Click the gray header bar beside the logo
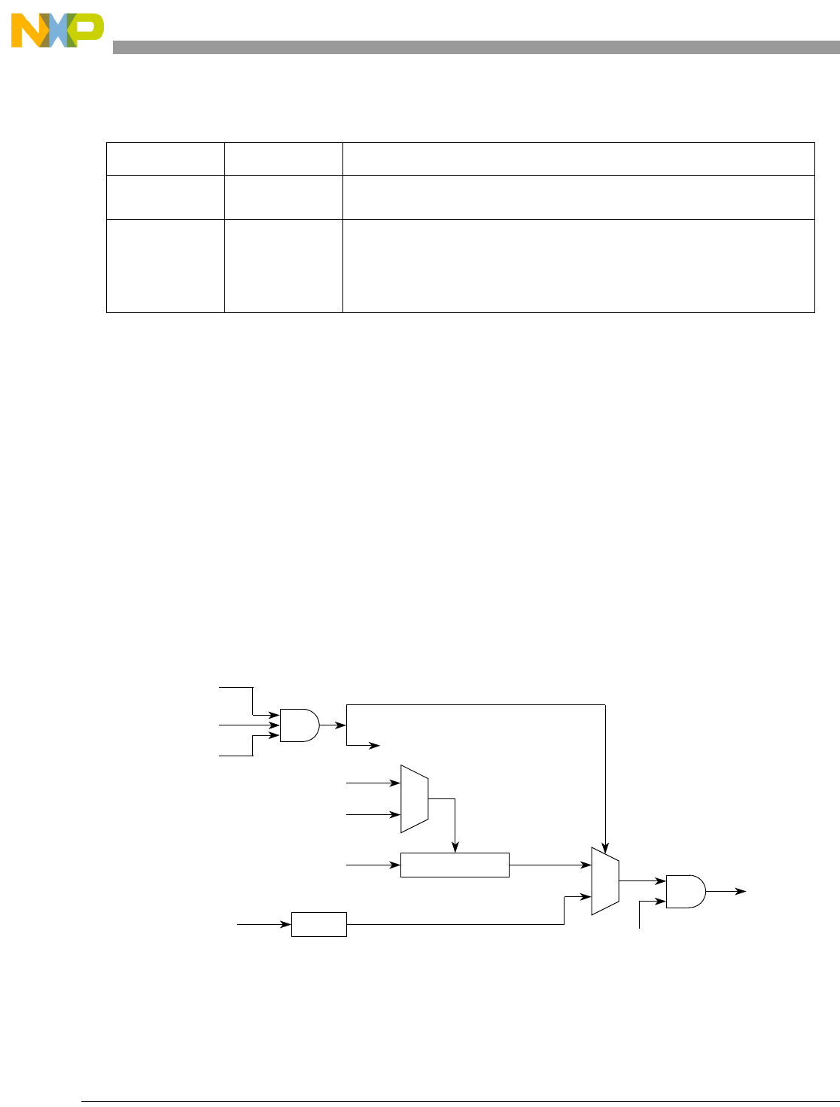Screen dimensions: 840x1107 click(x=474, y=47)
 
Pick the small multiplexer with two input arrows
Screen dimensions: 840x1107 click(x=414, y=799)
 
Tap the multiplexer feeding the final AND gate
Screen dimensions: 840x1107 click(x=604, y=880)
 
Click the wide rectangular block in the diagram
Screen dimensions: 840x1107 click(x=455, y=865)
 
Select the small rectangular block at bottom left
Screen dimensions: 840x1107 click(x=318, y=924)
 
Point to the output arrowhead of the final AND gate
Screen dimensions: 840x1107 click(x=741, y=891)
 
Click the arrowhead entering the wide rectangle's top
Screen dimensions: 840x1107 click(x=455, y=848)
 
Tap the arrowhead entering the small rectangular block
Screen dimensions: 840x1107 click(x=287, y=924)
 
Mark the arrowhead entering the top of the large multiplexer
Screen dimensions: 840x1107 click(x=605, y=843)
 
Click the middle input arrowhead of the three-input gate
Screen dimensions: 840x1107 click(x=275, y=725)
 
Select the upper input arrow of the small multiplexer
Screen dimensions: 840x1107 click(x=396, y=783)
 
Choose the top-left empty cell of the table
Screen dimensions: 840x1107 click(x=165, y=159)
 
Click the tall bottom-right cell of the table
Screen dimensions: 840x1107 click(x=578, y=265)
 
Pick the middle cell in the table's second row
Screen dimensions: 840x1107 click(x=283, y=197)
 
